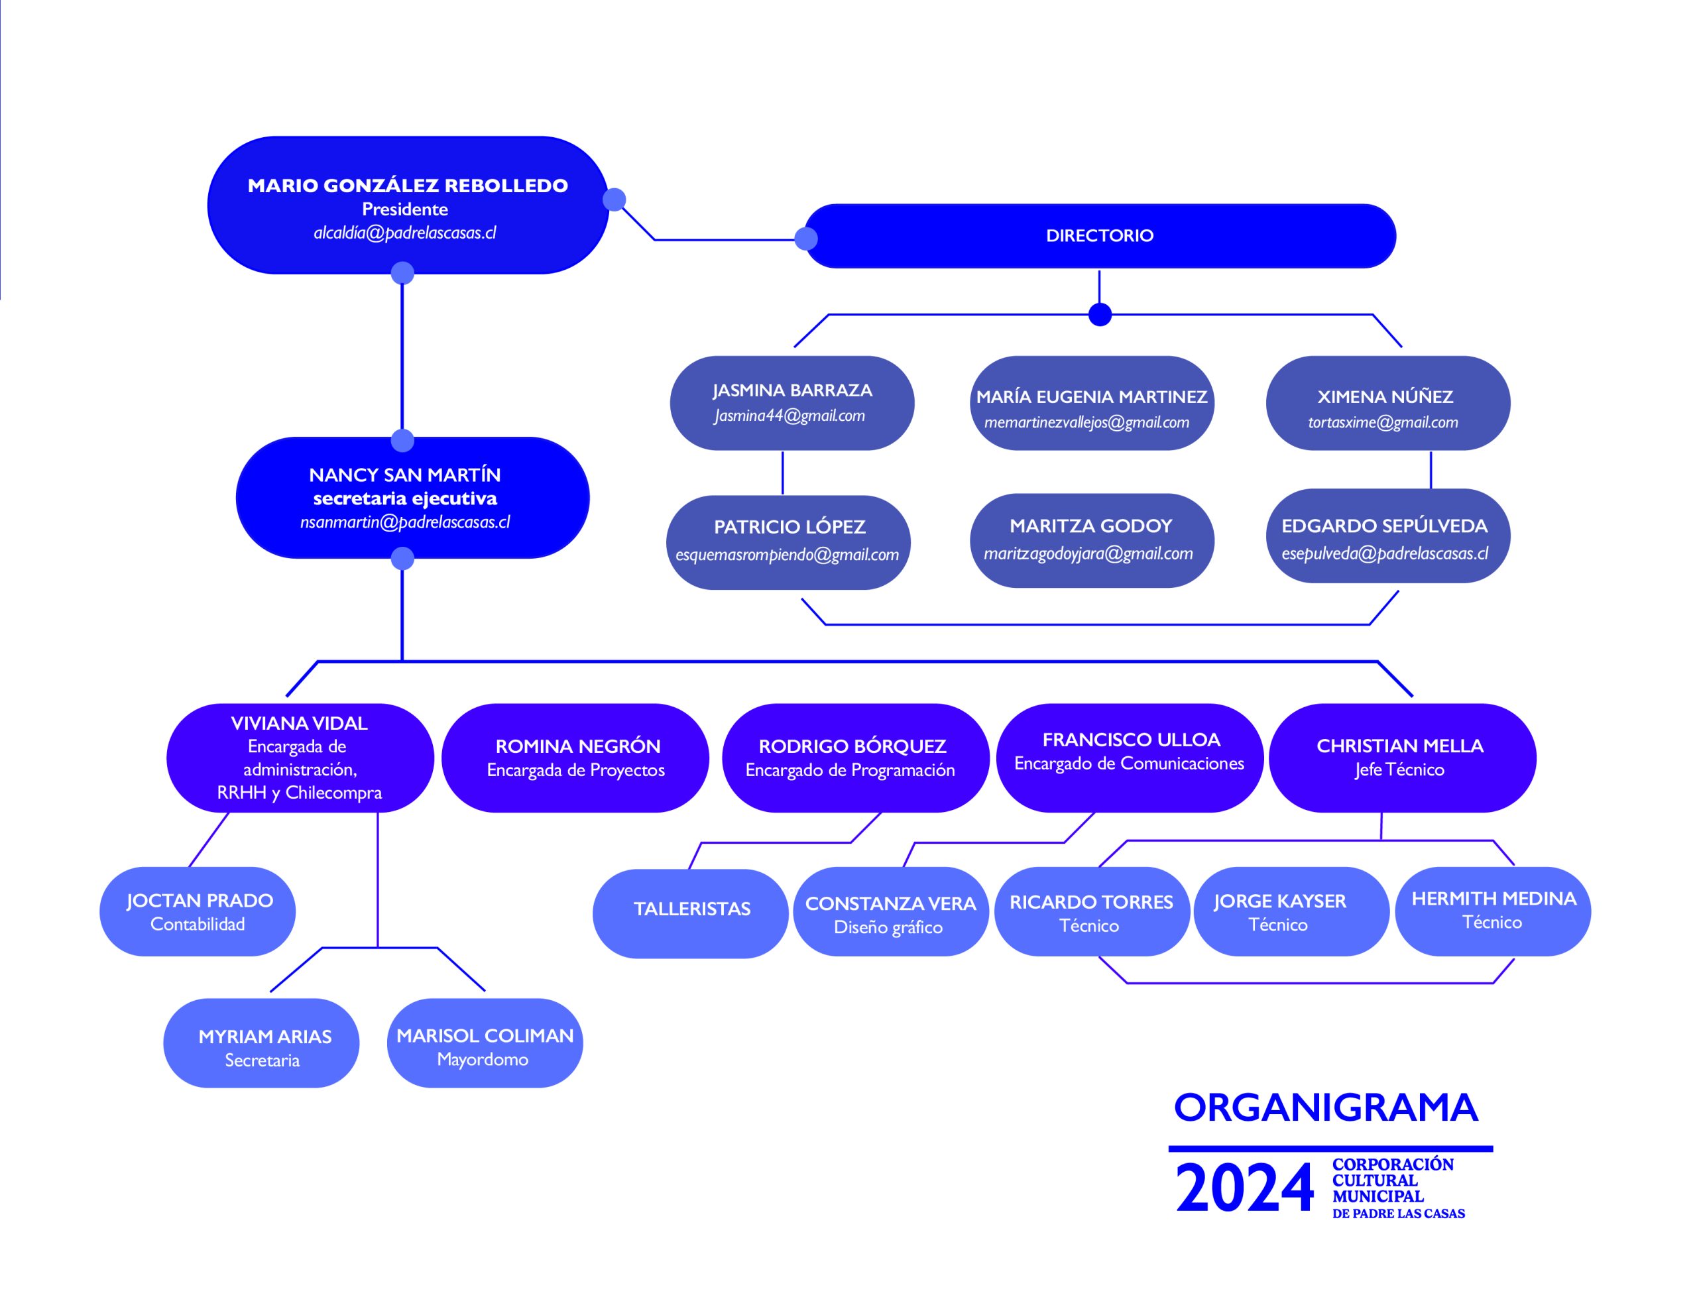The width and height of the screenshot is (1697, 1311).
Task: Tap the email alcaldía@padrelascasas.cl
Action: click(x=405, y=233)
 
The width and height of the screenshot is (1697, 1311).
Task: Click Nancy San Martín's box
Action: click(x=412, y=497)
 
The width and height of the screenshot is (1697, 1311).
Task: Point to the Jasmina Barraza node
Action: click(x=791, y=402)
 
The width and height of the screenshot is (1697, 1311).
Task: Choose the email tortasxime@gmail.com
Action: click(x=1383, y=423)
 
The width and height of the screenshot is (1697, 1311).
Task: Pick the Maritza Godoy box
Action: click(x=1091, y=540)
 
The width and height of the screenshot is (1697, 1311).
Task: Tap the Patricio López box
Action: click(x=788, y=541)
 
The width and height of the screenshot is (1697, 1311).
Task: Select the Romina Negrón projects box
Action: click(x=575, y=758)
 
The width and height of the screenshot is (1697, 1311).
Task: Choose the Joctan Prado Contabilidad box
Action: click(x=198, y=911)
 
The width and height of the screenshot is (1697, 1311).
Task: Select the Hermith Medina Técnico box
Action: click(x=1493, y=911)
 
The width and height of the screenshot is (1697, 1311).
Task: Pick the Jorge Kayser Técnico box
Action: click(x=1291, y=911)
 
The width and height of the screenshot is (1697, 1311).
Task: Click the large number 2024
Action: click(x=1244, y=1189)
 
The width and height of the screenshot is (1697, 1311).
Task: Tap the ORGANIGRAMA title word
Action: click(x=1326, y=1108)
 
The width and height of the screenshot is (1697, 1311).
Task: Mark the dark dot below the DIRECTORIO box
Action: click(x=1100, y=315)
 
